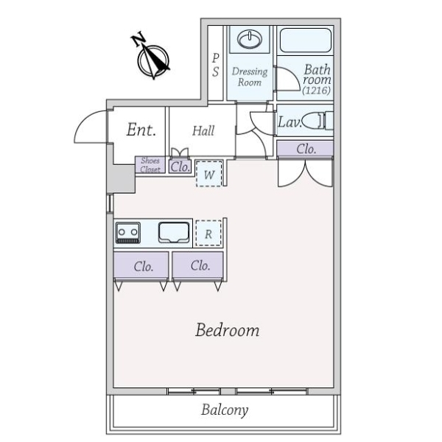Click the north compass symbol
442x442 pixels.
click(153, 61)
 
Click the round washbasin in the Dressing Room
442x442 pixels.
click(250, 39)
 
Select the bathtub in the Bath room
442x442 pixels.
click(305, 40)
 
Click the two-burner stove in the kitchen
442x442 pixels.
click(128, 233)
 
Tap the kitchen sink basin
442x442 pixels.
click(174, 233)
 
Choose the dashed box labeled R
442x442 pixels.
click(208, 234)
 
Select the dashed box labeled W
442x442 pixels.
click(208, 174)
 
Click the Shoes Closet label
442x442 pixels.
click(150, 165)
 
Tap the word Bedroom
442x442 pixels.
click(227, 330)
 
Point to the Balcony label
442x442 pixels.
click(225, 410)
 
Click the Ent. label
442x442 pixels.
click(141, 130)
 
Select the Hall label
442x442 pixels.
click(203, 131)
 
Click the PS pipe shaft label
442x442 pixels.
click(215, 65)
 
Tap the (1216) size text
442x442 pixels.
click(316, 91)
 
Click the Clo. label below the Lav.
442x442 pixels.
click(306, 149)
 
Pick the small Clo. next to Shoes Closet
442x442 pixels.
click(180, 167)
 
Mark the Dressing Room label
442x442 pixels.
click(250, 77)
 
